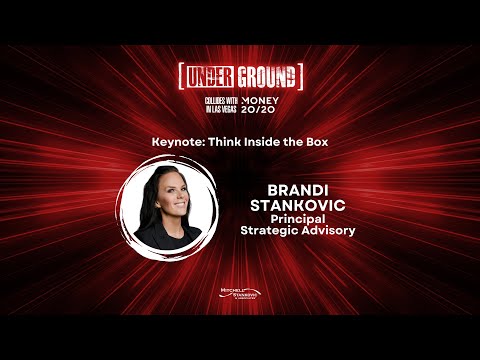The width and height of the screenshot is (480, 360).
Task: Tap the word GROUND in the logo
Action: pyautogui.click(x=263, y=77)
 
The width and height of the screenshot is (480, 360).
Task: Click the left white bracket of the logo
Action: pyautogui.click(x=180, y=77)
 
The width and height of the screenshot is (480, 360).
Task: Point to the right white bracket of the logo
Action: pyautogui.click(x=299, y=77)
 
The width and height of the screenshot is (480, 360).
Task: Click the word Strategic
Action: pyautogui.click(x=272, y=232)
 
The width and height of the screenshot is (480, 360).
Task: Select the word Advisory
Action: pyautogui.click(x=328, y=232)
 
